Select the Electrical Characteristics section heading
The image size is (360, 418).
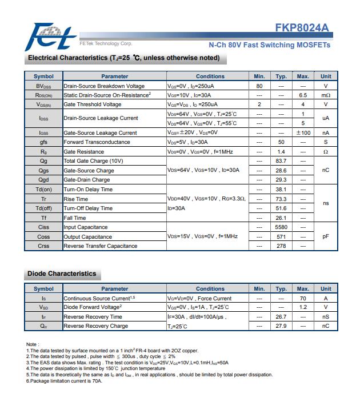pyautogui.click(x=123, y=58)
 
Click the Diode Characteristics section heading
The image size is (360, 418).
pyautogui.click(x=62, y=274)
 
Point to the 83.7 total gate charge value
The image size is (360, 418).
pyautogui.click(x=281, y=161)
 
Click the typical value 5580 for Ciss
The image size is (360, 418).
pyautogui.click(x=281, y=227)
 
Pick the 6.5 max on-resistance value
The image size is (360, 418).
pyautogui.click(x=303, y=95)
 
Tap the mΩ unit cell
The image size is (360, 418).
pyautogui.click(x=326, y=95)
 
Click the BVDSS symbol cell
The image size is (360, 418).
pyautogui.click(x=43, y=86)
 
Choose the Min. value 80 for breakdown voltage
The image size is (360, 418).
pyautogui.click(x=259, y=86)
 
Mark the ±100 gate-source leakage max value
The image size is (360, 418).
pyautogui.click(x=303, y=132)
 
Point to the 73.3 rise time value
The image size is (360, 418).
pyautogui.click(x=281, y=199)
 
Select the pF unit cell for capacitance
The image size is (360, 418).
pyautogui.click(x=326, y=236)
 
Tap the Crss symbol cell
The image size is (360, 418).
pyautogui.click(x=43, y=246)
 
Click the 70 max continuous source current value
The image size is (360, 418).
pyautogui.click(x=303, y=298)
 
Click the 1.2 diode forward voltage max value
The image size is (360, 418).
pyautogui.click(x=303, y=307)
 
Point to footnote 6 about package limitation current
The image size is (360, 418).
pyautogui.click(x=64, y=380)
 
